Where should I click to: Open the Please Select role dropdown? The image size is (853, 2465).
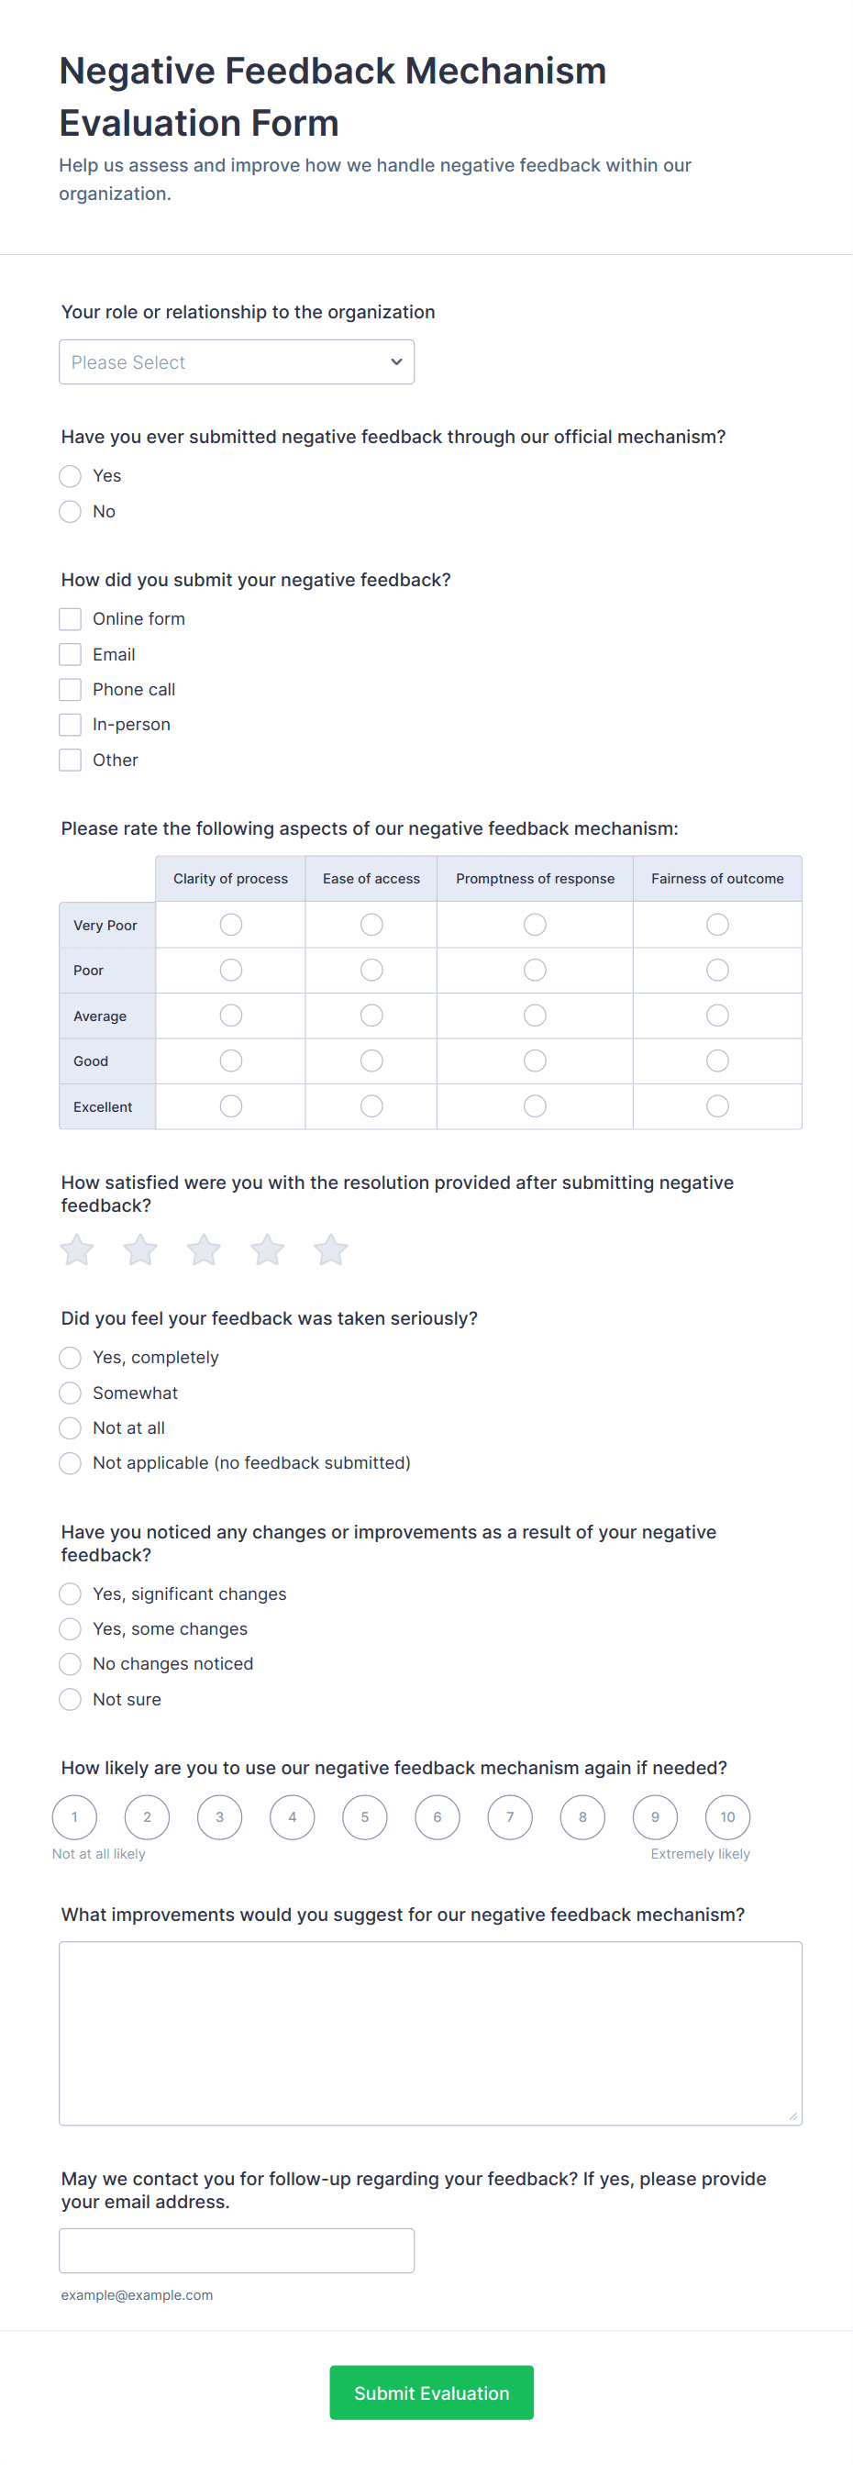(x=237, y=362)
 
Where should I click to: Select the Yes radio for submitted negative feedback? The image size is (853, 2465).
(x=70, y=476)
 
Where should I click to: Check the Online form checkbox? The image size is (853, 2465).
(x=70, y=619)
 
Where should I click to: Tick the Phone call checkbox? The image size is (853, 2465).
(x=70, y=690)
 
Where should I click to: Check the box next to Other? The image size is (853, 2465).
(x=70, y=761)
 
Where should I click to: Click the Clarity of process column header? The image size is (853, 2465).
(x=230, y=879)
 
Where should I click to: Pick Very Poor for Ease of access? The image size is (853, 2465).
(x=371, y=925)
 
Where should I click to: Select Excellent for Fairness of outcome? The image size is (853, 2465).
(x=717, y=1106)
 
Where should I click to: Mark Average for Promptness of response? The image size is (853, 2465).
(x=535, y=1016)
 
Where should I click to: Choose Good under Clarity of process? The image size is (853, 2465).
(x=230, y=1061)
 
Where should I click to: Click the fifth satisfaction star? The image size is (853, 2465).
(x=331, y=1249)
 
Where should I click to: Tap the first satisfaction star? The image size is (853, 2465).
(x=76, y=1249)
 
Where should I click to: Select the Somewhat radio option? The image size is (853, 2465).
(x=70, y=1394)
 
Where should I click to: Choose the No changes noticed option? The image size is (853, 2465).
(x=70, y=1664)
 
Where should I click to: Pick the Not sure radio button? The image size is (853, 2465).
(x=70, y=1700)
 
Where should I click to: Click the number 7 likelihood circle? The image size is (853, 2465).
(x=510, y=1817)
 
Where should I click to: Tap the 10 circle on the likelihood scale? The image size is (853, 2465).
(x=727, y=1817)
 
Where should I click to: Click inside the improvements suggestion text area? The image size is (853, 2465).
(x=430, y=2033)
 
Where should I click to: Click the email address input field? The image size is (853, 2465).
(x=237, y=2250)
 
